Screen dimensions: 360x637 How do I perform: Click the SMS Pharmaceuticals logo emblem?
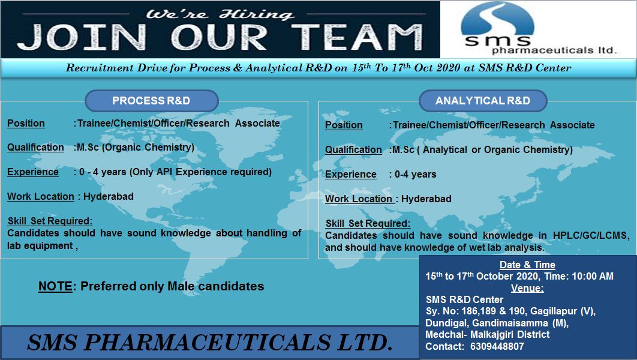click(x=497, y=23)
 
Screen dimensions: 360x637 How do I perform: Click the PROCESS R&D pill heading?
click(x=151, y=101)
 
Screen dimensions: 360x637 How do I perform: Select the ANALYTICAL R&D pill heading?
click(x=483, y=101)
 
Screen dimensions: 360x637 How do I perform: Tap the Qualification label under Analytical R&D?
click(x=353, y=150)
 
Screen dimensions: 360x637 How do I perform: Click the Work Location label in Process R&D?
click(x=41, y=197)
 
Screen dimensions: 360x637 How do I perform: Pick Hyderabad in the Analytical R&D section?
click(x=426, y=199)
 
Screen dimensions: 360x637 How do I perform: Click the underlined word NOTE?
click(x=55, y=287)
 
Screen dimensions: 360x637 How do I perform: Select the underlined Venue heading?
click(x=527, y=289)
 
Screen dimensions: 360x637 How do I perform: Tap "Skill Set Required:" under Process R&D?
click(x=50, y=221)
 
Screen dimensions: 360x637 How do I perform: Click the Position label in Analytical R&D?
click(x=344, y=125)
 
